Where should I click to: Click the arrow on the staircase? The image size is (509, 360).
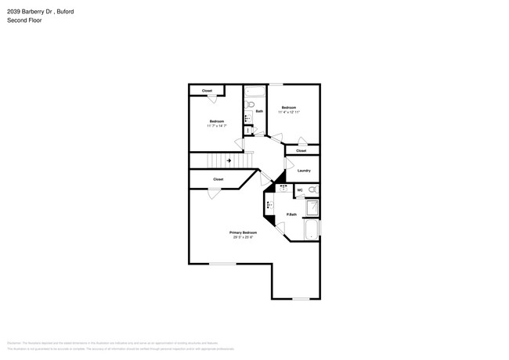pos(229,160)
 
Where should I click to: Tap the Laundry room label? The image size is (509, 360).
pos(304,171)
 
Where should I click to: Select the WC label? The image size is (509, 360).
pos(300,189)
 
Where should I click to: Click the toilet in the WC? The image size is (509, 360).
pos(313,189)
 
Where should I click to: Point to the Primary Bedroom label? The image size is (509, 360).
pos(243,232)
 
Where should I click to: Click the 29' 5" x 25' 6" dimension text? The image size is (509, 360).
pos(243,237)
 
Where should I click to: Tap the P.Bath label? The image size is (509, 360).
pos(291,214)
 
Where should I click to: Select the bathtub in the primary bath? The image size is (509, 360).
pos(311,230)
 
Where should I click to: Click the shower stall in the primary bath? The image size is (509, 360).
pos(311,207)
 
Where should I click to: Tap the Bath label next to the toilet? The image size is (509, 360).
pos(258,111)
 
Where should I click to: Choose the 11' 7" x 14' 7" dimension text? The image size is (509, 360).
pos(217,126)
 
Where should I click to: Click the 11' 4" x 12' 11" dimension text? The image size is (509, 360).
pos(289,112)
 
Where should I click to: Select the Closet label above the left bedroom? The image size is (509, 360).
pos(207,91)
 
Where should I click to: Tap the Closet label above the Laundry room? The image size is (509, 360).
pos(301,150)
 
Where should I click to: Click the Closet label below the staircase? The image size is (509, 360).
pos(218,179)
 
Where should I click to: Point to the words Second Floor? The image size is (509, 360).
pos(24,20)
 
